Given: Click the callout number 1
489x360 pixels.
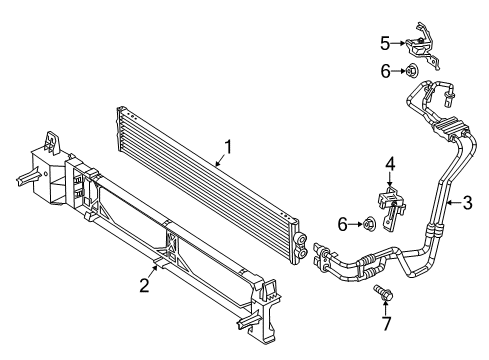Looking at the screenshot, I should [x=229, y=147].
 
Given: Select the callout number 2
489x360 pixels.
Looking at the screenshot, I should [x=145, y=286].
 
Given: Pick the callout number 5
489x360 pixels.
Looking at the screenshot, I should [x=385, y=42].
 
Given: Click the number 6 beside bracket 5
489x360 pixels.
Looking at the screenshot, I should [x=385, y=70].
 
